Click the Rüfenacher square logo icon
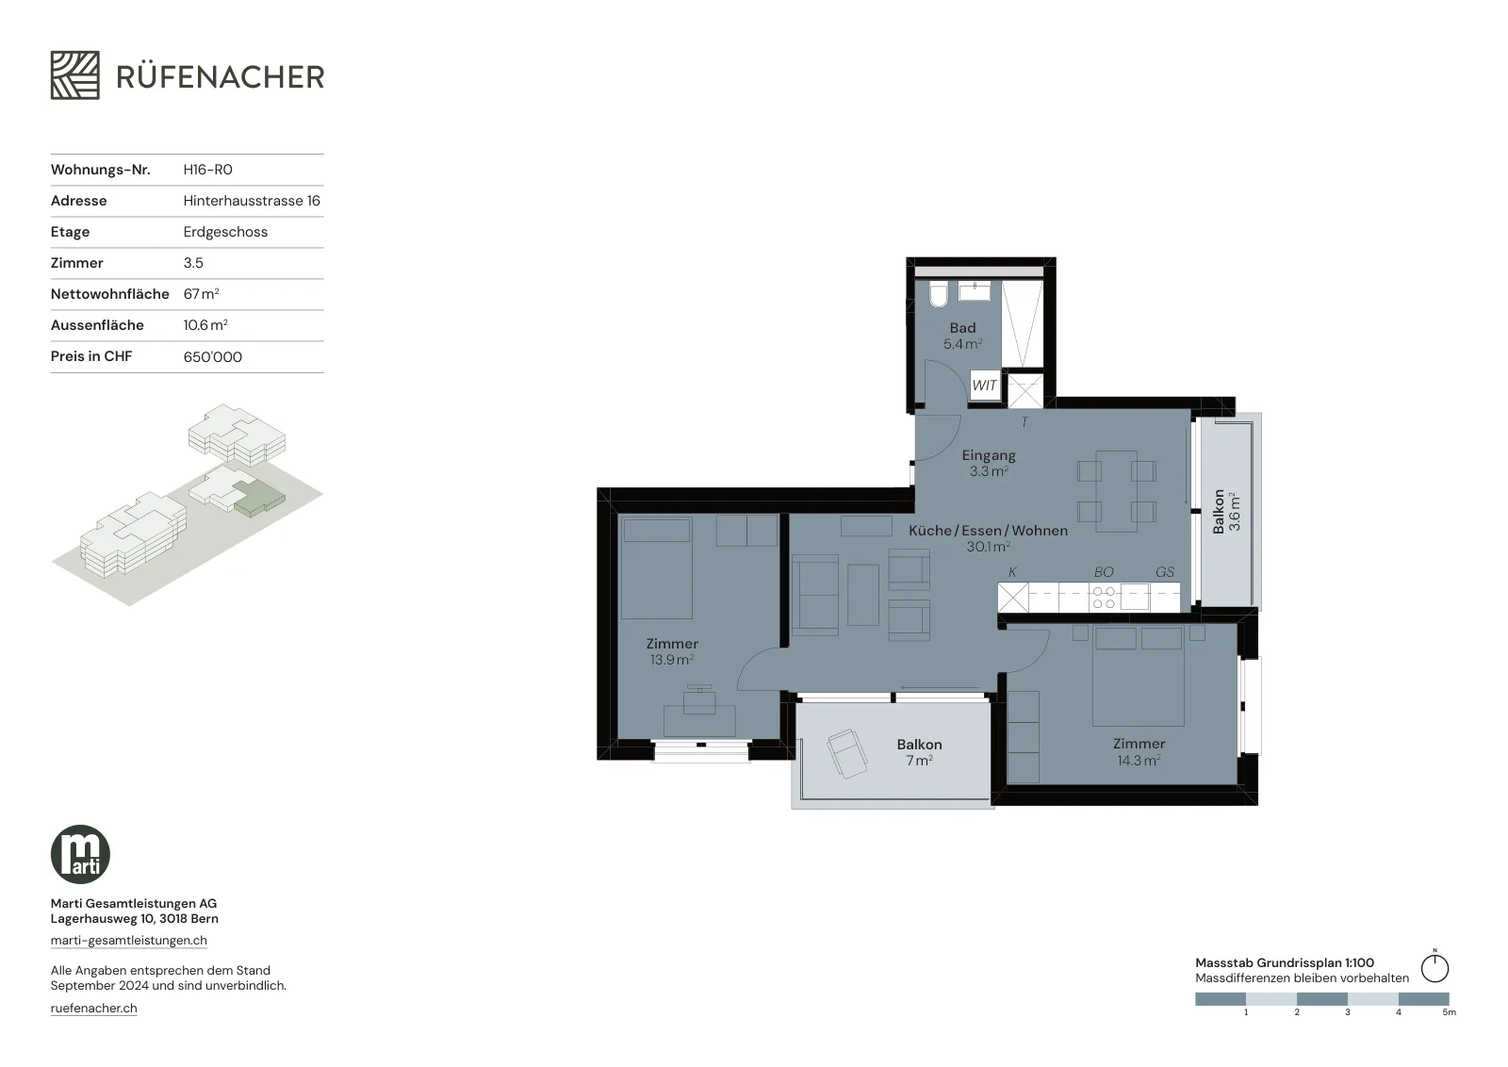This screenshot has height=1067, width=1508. tap(74, 75)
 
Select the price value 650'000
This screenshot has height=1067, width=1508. tap(212, 357)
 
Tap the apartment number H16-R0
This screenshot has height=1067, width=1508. tap(207, 170)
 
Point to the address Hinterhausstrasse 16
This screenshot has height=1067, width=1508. tap(252, 201)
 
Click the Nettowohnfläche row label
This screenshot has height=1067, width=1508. tap(109, 294)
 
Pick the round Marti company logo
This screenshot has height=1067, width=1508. tap(80, 854)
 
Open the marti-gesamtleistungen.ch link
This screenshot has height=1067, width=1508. tap(128, 941)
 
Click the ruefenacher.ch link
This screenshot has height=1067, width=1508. tap(93, 1009)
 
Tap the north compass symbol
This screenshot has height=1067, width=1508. tap(1434, 967)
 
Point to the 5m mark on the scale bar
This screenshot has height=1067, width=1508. tap(1450, 1012)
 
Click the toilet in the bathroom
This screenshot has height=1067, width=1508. tap(939, 294)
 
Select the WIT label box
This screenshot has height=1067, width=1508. tap(984, 386)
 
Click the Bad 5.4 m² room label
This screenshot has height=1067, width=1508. tap(962, 336)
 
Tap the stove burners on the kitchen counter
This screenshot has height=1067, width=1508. tap(1104, 598)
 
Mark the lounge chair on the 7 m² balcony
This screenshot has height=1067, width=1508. tap(847, 754)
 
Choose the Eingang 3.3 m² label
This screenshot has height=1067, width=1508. tap(989, 463)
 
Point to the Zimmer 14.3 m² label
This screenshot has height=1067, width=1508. tap(1139, 752)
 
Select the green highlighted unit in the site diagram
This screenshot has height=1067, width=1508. tap(258, 499)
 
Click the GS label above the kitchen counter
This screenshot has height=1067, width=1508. tap(1165, 572)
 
